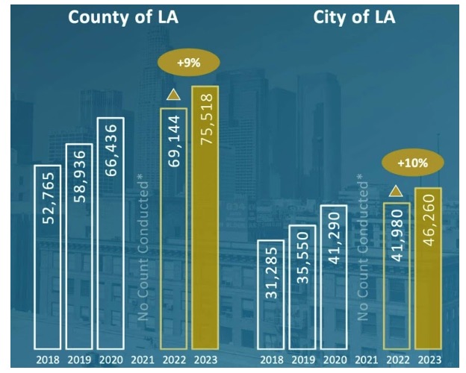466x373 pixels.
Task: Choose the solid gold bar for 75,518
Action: coord(205,217)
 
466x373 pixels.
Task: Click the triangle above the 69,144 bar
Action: coord(173,95)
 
